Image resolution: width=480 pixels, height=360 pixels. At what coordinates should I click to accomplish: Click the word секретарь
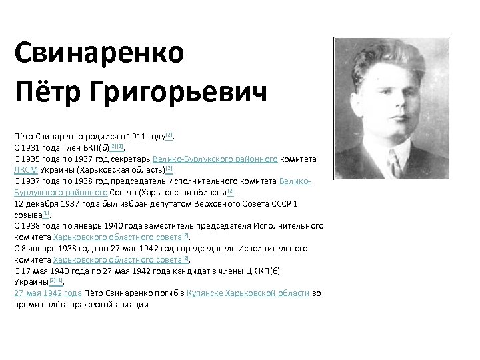127,159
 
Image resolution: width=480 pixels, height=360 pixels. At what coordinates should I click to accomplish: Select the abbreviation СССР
278,203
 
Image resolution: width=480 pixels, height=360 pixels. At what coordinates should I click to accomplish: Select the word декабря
43,203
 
